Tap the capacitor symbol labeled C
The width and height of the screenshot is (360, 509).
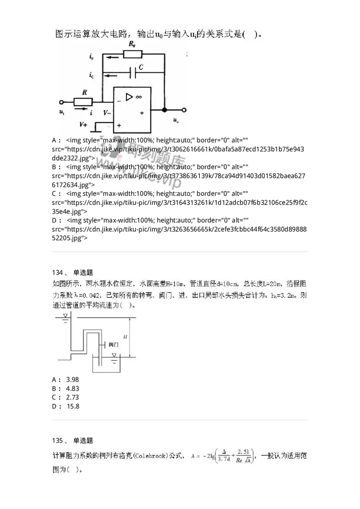pyautogui.click(x=133, y=73)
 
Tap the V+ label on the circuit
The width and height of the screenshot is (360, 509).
pyautogui.click(x=84, y=124)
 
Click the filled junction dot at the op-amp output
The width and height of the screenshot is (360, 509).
pyautogui.click(x=164, y=109)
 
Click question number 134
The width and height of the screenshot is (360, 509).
pyautogui.click(x=58, y=272)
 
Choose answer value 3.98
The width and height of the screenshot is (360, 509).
pyautogui.click(x=72, y=379)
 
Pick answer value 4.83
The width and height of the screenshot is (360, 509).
pyautogui.click(x=72, y=388)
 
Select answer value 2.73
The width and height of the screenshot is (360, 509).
pyautogui.click(x=72, y=397)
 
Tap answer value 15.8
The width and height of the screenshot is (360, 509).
pyautogui.click(x=72, y=406)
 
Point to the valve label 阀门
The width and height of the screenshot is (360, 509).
pyautogui.click(x=113, y=344)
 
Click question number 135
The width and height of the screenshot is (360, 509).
pyautogui.click(x=58, y=440)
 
